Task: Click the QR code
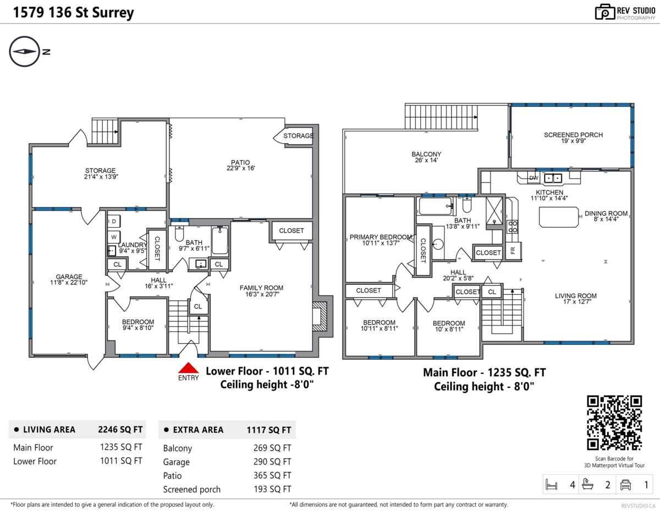point(614,422)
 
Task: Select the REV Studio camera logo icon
point(604,12)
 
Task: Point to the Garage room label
point(69,279)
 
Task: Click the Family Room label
point(261,290)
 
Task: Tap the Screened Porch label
point(573,138)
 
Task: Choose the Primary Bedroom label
point(381,240)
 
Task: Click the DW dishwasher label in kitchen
point(533,178)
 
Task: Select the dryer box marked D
point(114,221)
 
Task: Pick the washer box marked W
point(114,237)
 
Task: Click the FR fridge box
point(513,250)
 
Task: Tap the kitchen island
point(559,217)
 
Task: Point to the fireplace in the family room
point(320,316)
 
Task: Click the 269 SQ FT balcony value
point(272,448)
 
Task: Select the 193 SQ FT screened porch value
point(272,489)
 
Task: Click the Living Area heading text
point(49,430)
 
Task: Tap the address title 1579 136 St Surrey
point(74,13)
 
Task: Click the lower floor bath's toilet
point(179,233)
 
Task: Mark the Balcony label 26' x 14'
point(426,157)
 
